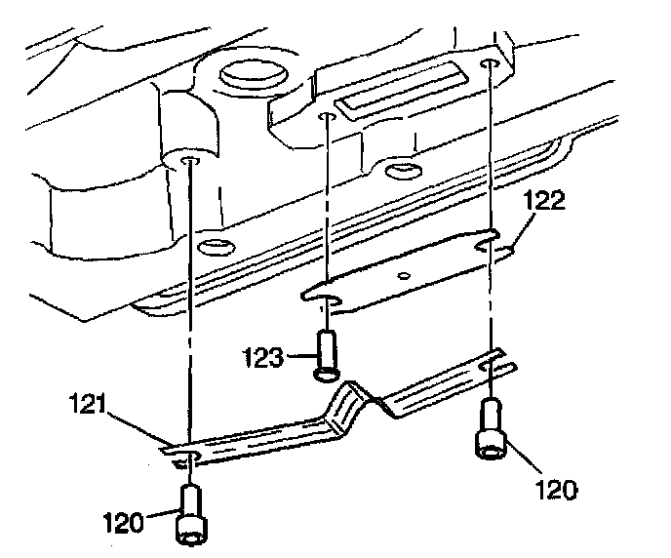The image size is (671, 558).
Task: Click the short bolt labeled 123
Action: [x=328, y=353]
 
